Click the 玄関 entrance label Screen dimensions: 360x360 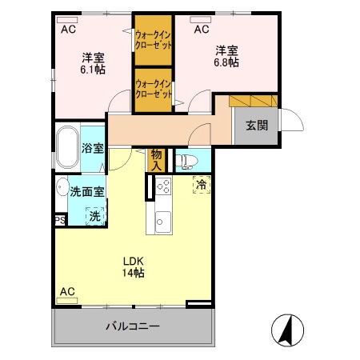[256, 125]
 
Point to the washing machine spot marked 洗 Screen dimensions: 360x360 [95, 215]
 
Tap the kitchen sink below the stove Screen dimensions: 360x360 [163, 221]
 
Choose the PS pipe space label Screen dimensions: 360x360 [60, 219]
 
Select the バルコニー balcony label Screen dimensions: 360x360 [133, 326]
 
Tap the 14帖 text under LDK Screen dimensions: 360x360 [133, 273]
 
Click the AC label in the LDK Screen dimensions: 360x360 [67, 290]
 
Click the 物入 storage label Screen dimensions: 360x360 [157, 160]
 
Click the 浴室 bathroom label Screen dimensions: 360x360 [93, 148]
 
